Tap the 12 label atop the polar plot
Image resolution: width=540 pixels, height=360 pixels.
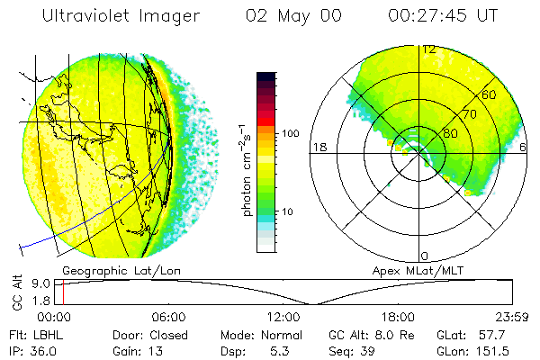429,49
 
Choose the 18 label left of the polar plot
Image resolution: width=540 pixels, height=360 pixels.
317,147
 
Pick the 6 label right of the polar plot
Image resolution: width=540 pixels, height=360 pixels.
524,147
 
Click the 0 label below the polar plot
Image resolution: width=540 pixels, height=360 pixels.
425,256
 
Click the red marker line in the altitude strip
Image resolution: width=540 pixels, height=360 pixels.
64,292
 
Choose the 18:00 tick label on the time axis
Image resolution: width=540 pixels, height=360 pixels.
398,317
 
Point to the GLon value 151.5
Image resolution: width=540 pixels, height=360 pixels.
494,350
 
